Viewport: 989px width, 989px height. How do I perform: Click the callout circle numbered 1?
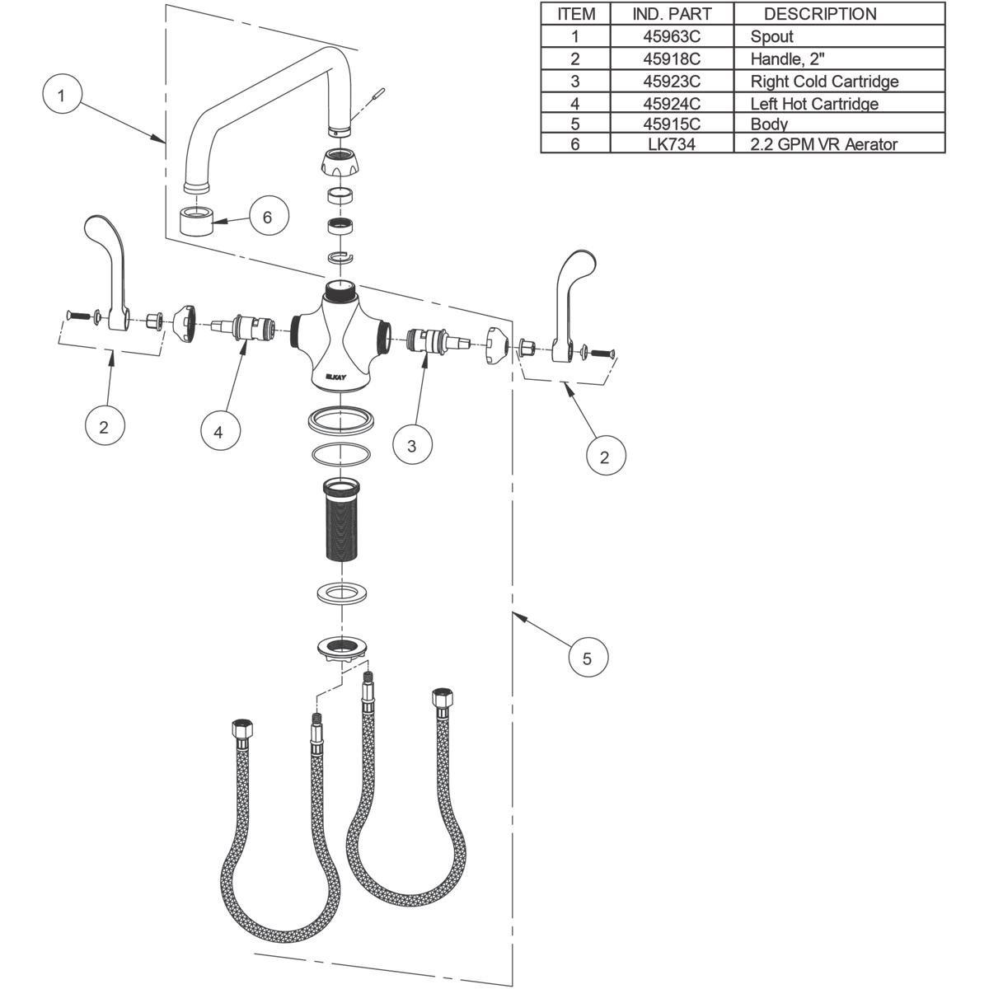click(60, 95)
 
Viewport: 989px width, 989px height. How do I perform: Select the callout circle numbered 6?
click(266, 218)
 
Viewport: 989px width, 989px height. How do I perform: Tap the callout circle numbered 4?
click(219, 430)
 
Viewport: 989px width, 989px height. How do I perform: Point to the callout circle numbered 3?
click(411, 446)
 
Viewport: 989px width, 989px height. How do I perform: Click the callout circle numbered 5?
click(587, 658)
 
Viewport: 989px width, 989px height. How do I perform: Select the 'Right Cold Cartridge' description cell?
click(823, 81)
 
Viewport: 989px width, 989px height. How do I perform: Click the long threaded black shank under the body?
click(340, 520)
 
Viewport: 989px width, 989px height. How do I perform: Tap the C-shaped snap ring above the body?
click(339, 258)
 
